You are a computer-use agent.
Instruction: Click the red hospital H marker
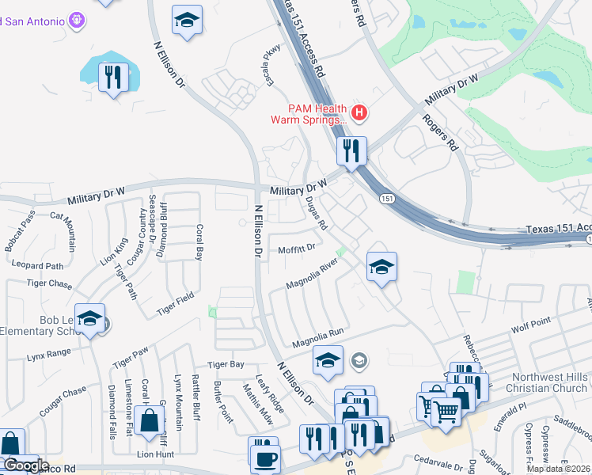coord(359,113)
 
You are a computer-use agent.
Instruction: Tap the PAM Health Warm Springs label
coord(309,114)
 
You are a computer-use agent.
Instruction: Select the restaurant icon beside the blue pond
coord(113,77)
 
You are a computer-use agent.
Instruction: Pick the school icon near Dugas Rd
coord(381,268)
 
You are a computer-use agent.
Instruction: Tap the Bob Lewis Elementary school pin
coord(90,318)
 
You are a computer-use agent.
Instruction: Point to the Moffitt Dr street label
coord(297,248)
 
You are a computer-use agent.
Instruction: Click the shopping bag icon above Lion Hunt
coord(150,420)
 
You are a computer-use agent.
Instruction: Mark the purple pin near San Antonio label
coord(77,20)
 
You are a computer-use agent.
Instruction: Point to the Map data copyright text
coord(558,469)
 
